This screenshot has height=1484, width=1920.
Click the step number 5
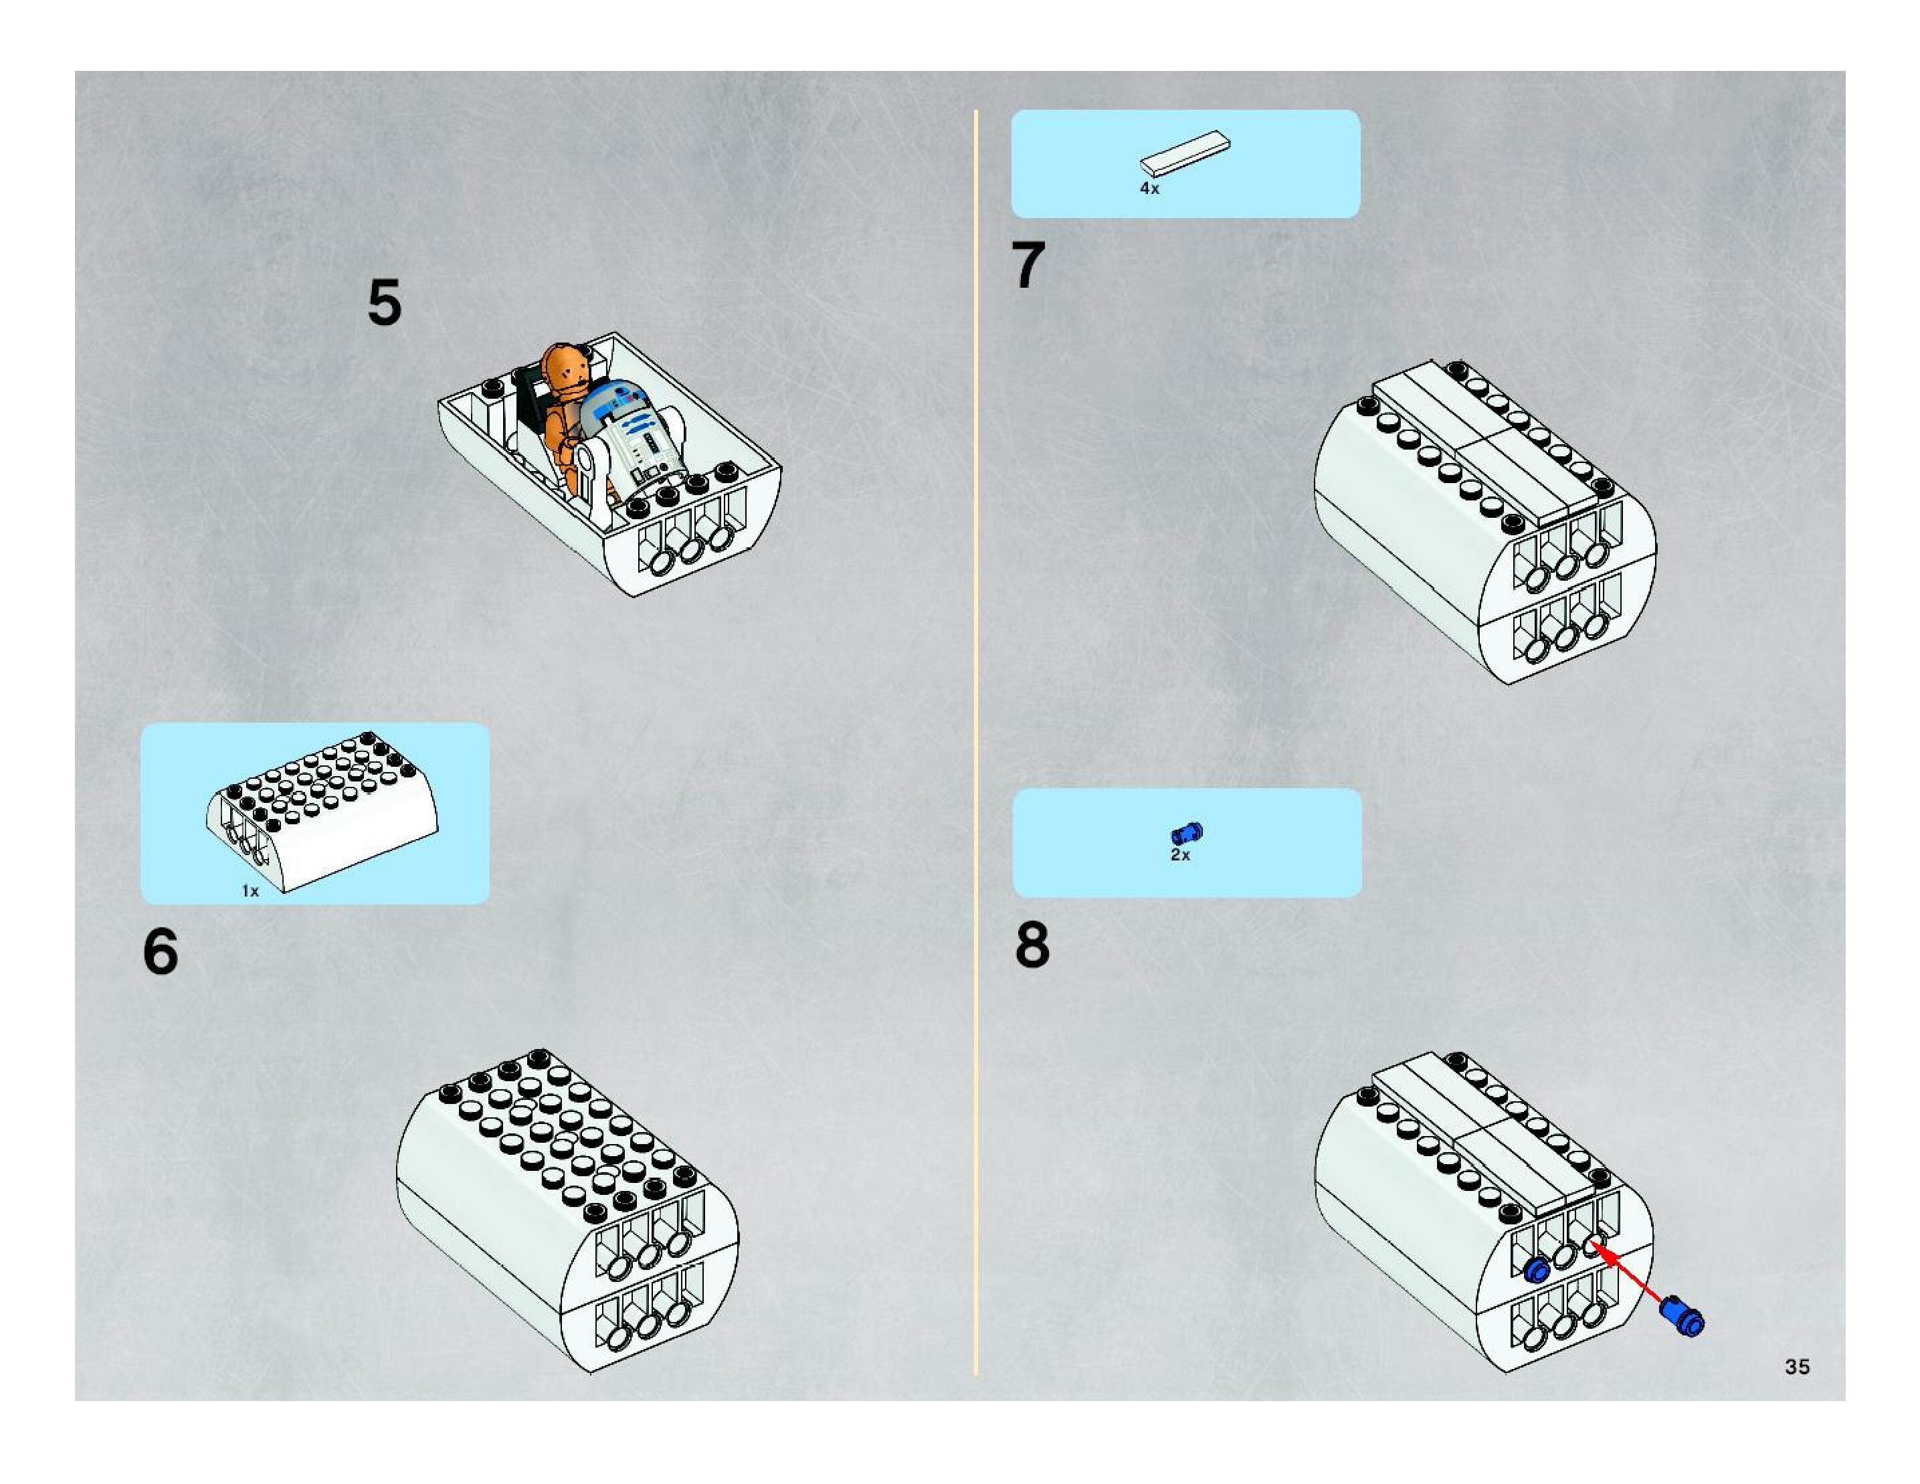pyautogui.click(x=384, y=302)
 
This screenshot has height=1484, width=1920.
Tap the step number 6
pyautogui.click(x=160, y=951)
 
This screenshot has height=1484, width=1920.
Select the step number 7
pyautogui.click(x=1029, y=265)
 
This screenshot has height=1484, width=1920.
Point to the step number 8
pyautogui.click(x=1032, y=945)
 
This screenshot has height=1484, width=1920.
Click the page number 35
pyautogui.click(x=1797, y=1366)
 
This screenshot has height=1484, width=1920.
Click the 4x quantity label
pyautogui.click(x=1149, y=188)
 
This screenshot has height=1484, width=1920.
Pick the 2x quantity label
pyautogui.click(x=1180, y=854)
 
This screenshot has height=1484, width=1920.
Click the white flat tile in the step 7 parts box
pyautogui.click(x=1185, y=152)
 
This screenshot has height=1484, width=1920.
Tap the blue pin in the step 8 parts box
pyautogui.click(x=1187, y=832)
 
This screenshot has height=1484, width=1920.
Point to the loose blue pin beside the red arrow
pyautogui.click(x=1682, y=1317)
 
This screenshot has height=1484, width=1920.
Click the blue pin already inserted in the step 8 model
pyautogui.click(x=1537, y=1269)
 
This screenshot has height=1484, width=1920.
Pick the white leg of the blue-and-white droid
pyautogui.click(x=595, y=479)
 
